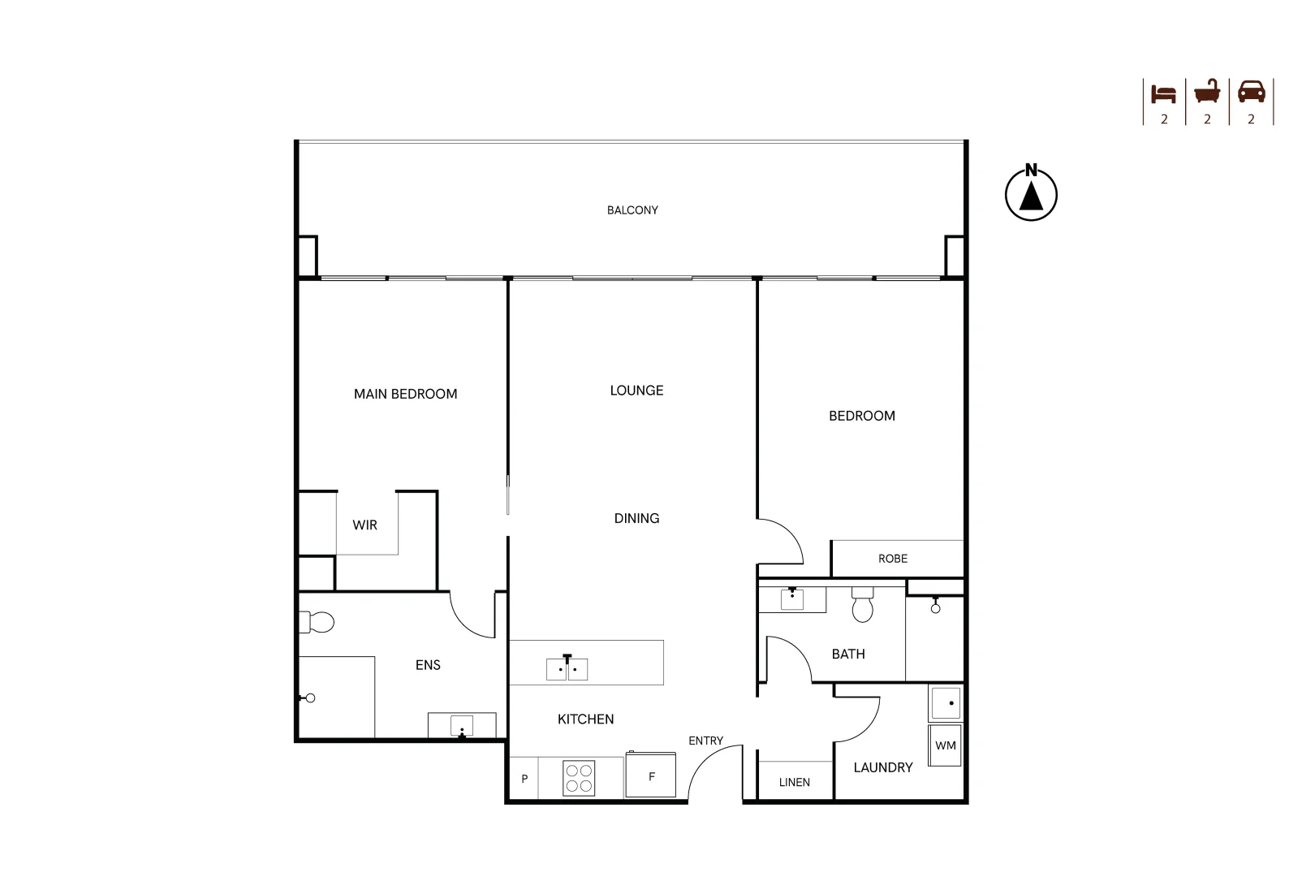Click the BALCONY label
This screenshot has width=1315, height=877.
pos(632,210)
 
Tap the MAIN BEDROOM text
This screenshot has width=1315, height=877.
pos(405,394)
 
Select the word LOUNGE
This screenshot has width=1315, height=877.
pos(636,391)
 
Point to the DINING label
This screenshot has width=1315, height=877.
pos(636,518)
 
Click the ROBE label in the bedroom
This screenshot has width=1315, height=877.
pos(892,559)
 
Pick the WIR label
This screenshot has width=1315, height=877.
pos(364,525)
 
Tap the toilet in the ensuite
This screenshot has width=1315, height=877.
pos(317,622)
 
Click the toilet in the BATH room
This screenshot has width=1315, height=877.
pos(862,604)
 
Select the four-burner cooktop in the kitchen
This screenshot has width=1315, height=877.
pos(579,778)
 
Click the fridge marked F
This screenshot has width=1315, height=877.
pos(650,775)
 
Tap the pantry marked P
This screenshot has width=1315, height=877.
pos(524,778)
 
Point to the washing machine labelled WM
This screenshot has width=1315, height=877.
pos(945,745)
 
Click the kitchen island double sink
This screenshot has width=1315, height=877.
pos(567,668)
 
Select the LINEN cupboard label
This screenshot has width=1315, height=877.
pos(795,783)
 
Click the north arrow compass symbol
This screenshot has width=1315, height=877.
pos(1031,193)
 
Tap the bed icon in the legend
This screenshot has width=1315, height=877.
pos(1163,93)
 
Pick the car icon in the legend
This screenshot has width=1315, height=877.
pos(1252,92)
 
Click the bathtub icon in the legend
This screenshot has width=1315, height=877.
pos(1207,92)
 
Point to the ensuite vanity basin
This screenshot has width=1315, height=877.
pos(461,725)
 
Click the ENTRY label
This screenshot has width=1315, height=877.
pos(705,741)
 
